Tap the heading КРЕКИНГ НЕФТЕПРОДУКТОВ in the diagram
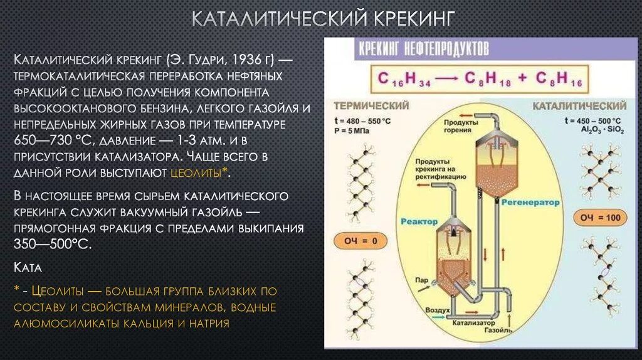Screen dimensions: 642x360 click(423, 48)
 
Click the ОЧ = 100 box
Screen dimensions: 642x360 click(598, 218)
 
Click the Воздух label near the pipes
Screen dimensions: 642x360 click(438, 310)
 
